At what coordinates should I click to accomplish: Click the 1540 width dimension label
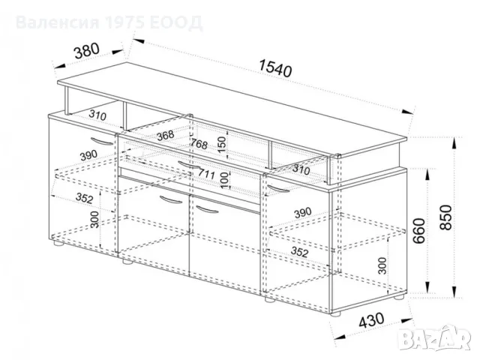(x=275, y=68)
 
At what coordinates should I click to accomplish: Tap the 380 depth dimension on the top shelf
(x=87, y=50)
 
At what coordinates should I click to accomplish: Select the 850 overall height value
(x=445, y=217)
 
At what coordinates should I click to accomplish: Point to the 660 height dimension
(x=419, y=230)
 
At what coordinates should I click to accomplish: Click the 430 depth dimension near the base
(x=371, y=320)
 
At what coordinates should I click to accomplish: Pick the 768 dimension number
(x=199, y=143)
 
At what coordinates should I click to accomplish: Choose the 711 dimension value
(x=206, y=173)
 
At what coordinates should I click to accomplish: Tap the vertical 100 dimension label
(x=224, y=180)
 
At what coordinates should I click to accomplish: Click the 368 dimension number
(x=165, y=135)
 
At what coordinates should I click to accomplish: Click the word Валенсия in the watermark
(x=58, y=22)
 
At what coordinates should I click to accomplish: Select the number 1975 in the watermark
(x=125, y=22)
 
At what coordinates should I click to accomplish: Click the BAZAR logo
(x=436, y=337)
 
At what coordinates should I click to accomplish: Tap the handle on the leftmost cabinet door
(x=102, y=142)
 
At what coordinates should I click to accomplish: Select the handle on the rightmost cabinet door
(x=278, y=188)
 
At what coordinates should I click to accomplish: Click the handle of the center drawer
(x=189, y=165)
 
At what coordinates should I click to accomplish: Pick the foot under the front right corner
(x=336, y=313)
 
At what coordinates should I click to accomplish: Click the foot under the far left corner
(x=58, y=244)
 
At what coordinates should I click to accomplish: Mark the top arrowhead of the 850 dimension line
(x=454, y=142)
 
